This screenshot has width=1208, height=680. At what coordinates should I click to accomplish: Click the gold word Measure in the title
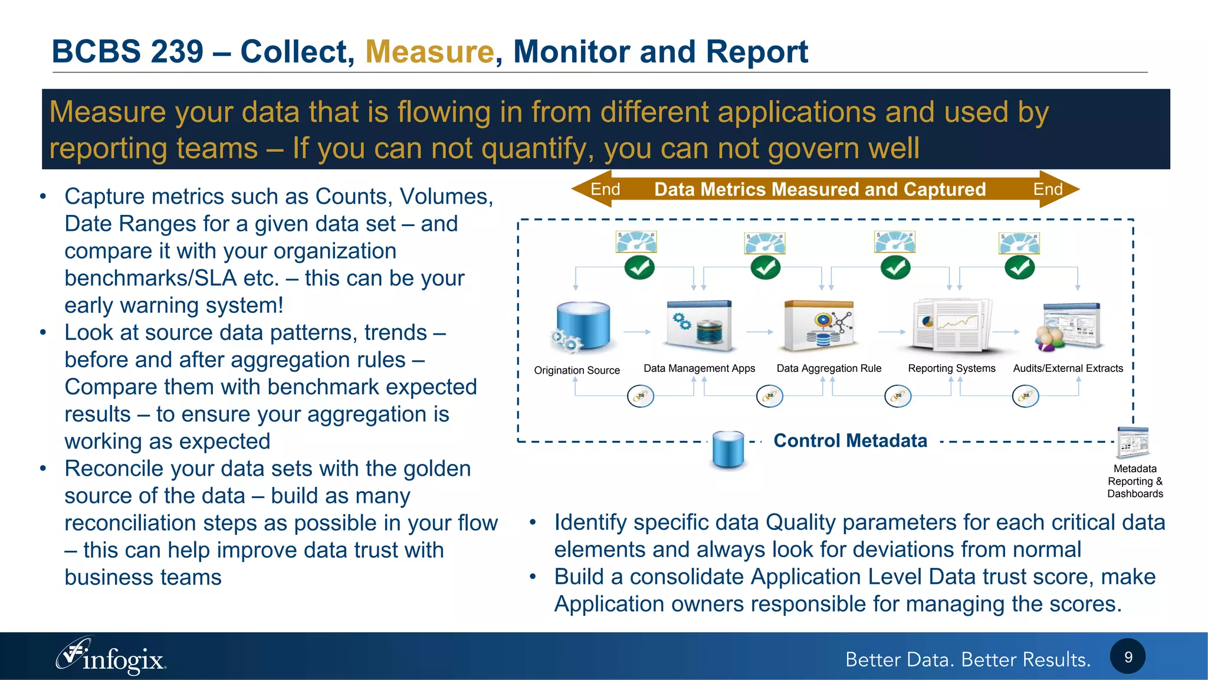tap(429, 51)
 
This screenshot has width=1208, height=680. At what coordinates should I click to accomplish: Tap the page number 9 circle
tap(1127, 656)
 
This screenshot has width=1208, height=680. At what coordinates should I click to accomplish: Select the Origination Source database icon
tap(581, 326)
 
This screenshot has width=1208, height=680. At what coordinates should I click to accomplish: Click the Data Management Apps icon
tap(700, 326)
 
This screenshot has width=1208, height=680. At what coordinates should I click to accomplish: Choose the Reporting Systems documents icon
tap(951, 326)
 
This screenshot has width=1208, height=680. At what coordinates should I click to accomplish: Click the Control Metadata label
tap(850, 440)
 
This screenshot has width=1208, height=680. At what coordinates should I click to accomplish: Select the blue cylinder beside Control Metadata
tap(728, 449)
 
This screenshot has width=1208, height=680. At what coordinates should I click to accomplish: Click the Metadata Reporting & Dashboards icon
tap(1133, 443)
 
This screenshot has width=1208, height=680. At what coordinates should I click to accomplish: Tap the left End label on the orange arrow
tap(605, 189)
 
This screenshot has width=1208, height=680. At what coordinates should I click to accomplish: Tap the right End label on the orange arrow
tap(1048, 189)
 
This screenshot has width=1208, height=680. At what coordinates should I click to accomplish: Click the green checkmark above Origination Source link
tap(639, 268)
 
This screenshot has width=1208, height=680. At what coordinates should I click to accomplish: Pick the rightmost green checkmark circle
tap(1019, 268)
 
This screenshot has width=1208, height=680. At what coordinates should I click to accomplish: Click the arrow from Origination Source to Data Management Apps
tap(637, 332)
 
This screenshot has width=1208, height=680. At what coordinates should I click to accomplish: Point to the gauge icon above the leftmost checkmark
tap(636, 242)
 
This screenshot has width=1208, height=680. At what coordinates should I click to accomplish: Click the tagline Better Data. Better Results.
tap(967, 659)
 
